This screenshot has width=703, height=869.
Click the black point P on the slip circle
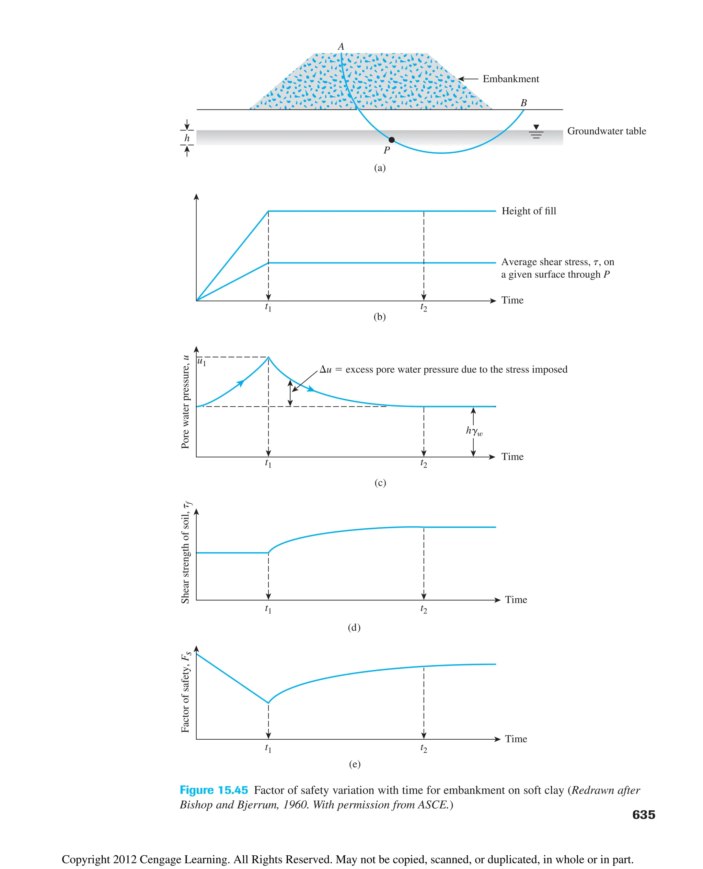point(392,140)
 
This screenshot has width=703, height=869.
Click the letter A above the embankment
point(341,47)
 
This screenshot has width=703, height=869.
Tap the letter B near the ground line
point(523,103)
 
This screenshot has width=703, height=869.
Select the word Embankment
point(511,79)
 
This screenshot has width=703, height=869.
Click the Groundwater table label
point(606,131)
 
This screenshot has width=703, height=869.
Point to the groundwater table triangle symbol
point(536,128)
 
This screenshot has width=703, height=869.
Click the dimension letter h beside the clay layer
point(187,138)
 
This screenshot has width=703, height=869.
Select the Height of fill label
point(529,211)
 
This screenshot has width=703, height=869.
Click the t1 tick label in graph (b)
point(268,307)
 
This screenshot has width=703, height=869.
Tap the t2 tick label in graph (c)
point(424,463)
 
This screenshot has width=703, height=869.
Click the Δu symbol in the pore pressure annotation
point(325,369)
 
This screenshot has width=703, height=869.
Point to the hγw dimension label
point(474,431)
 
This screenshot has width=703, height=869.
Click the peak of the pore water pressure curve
point(268,357)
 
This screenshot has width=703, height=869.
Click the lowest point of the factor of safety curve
point(268,703)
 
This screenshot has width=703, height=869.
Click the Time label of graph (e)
point(516,739)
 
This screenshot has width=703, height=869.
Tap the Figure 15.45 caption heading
point(214,790)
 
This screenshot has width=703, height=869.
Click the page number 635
point(644,814)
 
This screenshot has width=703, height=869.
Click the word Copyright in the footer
point(85,859)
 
